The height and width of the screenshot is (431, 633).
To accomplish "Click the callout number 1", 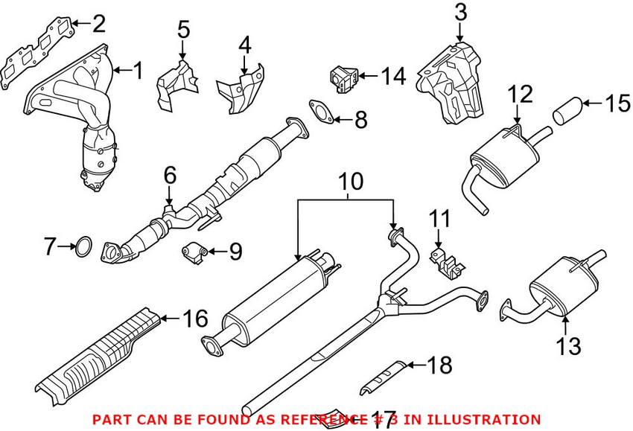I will tap(137, 71).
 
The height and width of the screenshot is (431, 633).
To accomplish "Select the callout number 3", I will tap(459, 13).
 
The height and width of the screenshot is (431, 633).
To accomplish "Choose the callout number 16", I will tap(194, 320).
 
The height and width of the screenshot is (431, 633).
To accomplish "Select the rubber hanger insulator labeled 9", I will tap(195, 253).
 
